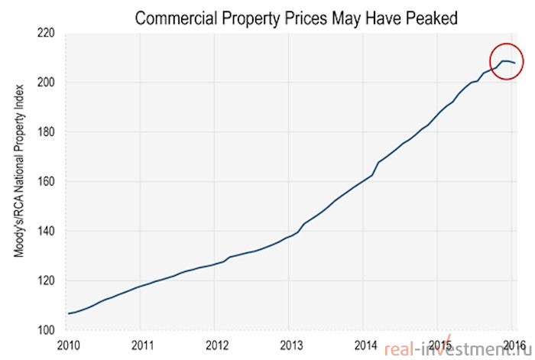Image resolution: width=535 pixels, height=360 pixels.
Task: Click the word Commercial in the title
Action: tap(176, 18)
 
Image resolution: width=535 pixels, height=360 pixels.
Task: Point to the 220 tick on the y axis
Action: tap(45, 33)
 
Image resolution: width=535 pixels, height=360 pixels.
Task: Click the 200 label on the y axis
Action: tap(45, 83)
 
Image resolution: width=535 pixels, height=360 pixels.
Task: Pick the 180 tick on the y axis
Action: tap(45, 132)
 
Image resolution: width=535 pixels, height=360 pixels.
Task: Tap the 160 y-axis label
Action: tap(45, 182)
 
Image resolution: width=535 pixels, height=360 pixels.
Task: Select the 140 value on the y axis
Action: tap(45, 231)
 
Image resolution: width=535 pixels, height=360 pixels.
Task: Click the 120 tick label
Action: tap(45, 281)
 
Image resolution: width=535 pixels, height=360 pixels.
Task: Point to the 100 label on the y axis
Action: tap(45, 330)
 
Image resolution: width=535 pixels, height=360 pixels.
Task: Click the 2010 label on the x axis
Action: tap(68, 345)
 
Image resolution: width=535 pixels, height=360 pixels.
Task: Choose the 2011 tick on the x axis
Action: tap(143, 345)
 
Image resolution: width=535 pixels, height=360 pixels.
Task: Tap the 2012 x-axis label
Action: tap(217, 345)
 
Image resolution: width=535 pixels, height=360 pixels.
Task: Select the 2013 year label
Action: tap(291, 345)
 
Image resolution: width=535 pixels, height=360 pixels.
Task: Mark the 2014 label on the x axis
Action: tap(366, 345)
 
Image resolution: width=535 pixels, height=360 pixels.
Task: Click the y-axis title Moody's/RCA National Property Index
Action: tap(19, 170)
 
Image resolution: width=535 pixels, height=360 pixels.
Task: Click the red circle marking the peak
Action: tap(507, 44)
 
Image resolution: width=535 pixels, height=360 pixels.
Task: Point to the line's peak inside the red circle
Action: tap(503, 61)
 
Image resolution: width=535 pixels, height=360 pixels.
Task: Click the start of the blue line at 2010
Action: tap(68, 313)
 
